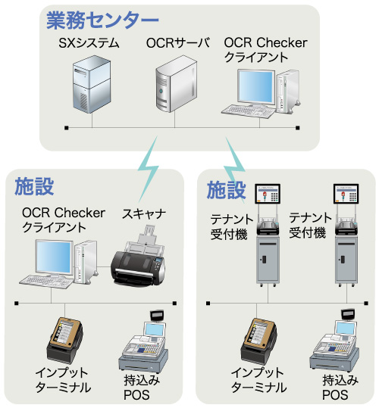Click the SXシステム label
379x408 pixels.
point(89,44)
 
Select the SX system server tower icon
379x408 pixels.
point(90,87)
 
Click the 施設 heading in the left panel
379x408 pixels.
point(35,185)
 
